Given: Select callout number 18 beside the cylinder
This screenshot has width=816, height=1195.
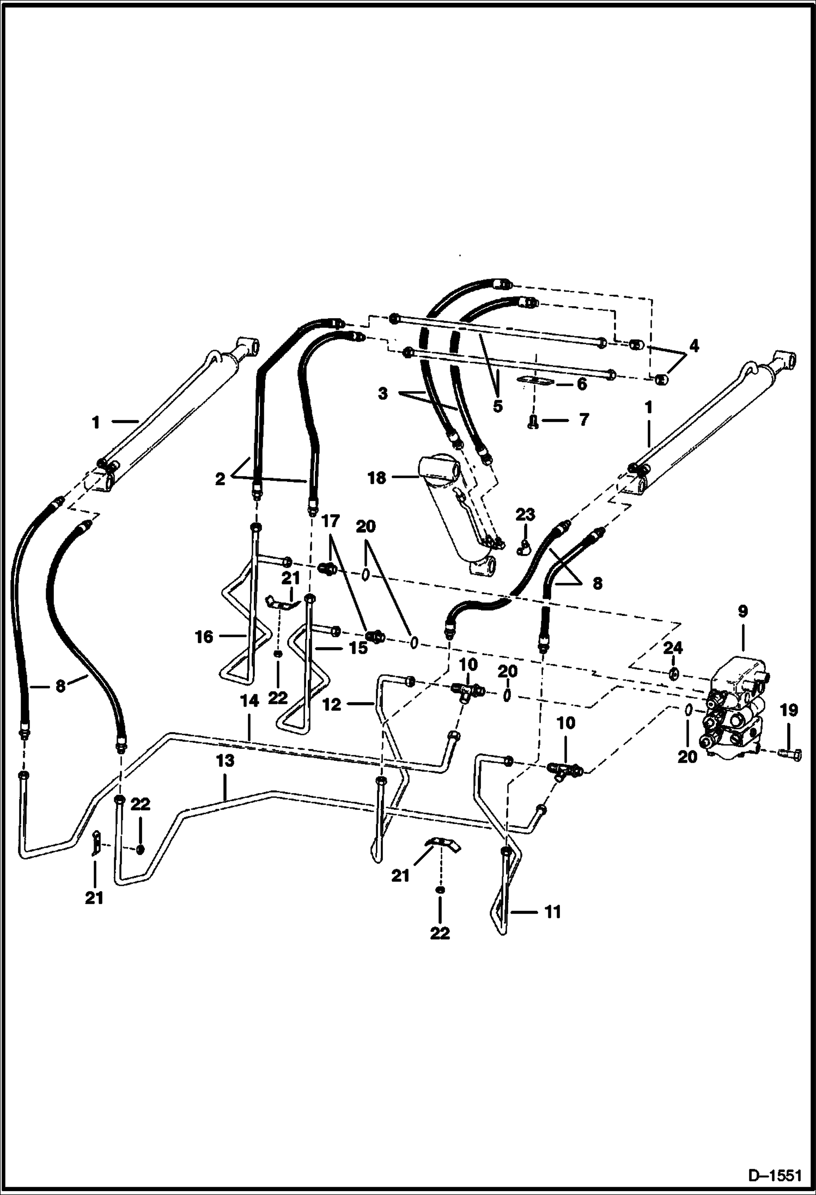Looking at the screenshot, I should [376, 478].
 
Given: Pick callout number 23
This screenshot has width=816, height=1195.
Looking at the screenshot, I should [526, 515].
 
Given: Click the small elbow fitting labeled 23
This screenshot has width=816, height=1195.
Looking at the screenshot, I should [522, 549].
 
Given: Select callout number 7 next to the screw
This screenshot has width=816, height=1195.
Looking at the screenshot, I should [583, 419].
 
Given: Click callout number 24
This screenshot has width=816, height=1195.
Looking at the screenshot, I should [673, 648].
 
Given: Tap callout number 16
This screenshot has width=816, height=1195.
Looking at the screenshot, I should [204, 636].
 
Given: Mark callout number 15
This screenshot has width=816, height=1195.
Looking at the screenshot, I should [357, 649].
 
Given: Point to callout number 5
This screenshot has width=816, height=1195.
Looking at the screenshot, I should [497, 406].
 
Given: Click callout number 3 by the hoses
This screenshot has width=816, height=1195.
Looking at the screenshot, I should [383, 393].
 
